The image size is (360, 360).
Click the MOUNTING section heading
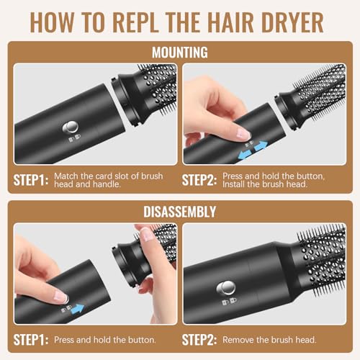(180, 52)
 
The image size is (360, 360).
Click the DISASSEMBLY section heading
(180, 212)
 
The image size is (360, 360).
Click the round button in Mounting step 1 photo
(72, 127)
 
